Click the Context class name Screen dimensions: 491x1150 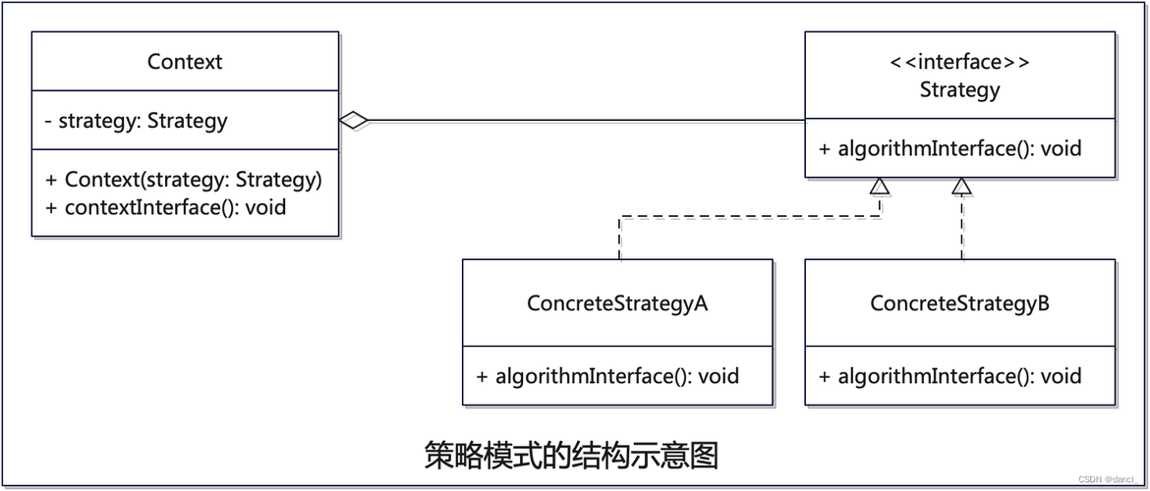point(185,62)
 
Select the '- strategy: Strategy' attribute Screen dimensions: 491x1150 point(136,121)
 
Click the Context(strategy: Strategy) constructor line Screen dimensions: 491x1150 point(184,180)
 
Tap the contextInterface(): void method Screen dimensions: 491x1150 point(165,207)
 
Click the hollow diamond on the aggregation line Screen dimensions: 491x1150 point(354,121)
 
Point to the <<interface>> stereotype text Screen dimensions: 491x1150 point(959,63)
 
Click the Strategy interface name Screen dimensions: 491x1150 point(959,90)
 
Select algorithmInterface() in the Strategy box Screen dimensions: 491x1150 point(949,148)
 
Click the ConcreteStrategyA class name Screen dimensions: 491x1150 point(617,303)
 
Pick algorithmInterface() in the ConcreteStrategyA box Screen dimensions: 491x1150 point(607,376)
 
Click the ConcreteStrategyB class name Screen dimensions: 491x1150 point(959,303)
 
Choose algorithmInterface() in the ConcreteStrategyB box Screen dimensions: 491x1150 point(949,376)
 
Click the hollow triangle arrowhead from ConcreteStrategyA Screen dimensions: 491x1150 point(880,186)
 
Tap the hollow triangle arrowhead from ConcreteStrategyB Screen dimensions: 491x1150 point(962,186)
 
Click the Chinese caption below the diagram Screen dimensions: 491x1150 point(571,456)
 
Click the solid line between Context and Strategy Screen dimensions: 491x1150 point(590,121)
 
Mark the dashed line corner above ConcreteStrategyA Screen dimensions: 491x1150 point(620,216)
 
